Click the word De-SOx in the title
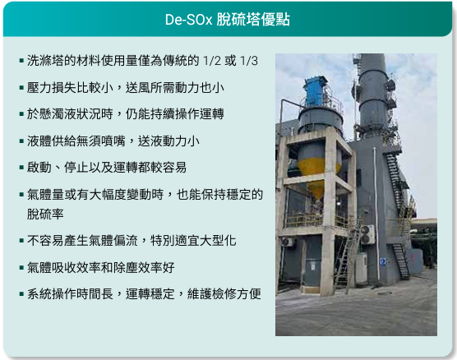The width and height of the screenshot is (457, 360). pyautogui.click(x=188, y=20)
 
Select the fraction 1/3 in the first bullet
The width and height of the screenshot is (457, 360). pyautogui.click(x=248, y=61)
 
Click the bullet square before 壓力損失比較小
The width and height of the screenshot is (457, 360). pyautogui.click(x=21, y=88)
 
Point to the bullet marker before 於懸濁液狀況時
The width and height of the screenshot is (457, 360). pyautogui.click(x=21, y=114)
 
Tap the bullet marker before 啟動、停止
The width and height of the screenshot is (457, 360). pyautogui.click(x=21, y=168)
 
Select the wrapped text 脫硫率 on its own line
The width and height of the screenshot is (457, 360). pyautogui.click(x=45, y=215)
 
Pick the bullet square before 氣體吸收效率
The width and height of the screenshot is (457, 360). pyautogui.click(x=21, y=268)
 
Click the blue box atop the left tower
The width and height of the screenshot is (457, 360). pyautogui.click(x=314, y=91)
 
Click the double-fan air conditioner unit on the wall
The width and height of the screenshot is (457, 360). pyautogui.click(x=367, y=234)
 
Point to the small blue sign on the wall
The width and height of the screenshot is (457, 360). pyautogui.click(x=383, y=261)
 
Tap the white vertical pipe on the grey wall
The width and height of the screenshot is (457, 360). pyautogui.click(x=376, y=213)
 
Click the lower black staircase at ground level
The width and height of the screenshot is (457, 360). pyautogui.click(x=402, y=261)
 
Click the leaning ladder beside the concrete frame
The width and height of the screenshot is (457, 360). pyautogui.click(x=347, y=260)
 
